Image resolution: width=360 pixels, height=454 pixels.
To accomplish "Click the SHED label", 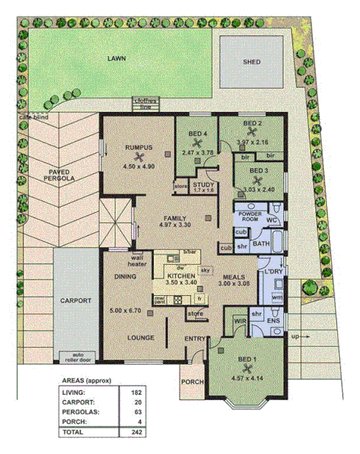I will [251, 61].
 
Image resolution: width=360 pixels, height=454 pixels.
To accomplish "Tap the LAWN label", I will [116, 58].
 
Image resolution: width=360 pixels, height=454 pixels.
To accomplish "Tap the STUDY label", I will [203, 185].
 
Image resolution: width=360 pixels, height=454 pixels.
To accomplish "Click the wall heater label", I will [137, 261].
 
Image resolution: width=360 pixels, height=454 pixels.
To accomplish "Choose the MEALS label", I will [234, 276].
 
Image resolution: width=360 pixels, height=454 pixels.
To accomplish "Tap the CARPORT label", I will [74, 300].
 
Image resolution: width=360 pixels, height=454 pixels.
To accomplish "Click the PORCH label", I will [190, 381].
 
